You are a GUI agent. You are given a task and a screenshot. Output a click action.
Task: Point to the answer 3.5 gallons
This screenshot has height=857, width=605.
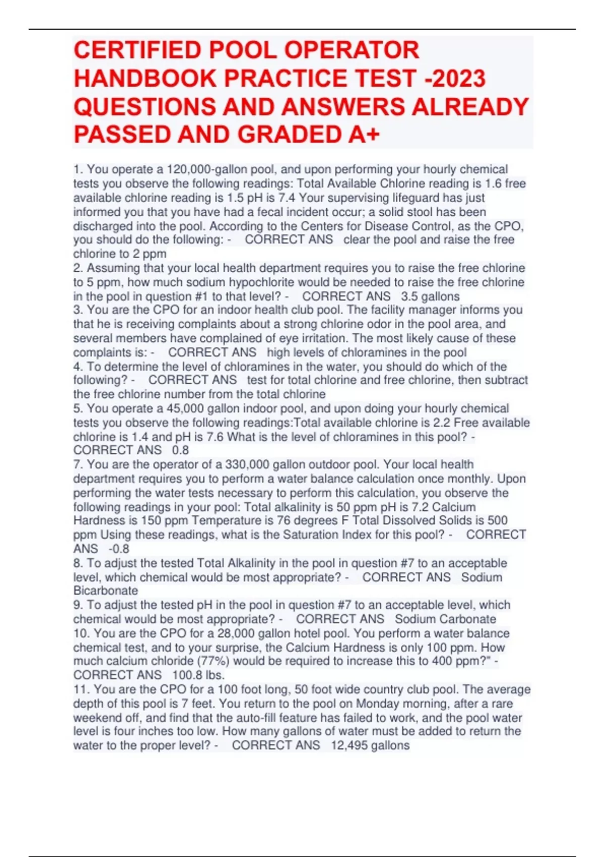click(x=430, y=296)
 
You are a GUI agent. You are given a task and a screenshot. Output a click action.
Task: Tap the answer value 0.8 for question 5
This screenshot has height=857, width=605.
click(x=180, y=450)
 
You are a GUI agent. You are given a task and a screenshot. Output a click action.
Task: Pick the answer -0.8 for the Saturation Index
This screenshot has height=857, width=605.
click(x=118, y=548)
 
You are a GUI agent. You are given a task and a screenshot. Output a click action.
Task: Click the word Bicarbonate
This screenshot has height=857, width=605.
click(x=105, y=590)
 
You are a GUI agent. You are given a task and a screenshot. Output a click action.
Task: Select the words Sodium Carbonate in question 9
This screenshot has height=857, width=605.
click(x=445, y=619)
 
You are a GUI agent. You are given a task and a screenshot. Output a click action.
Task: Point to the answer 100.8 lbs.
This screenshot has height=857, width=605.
click(x=198, y=675)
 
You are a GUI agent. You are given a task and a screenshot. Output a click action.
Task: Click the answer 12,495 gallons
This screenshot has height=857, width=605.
click(x=370, y=745)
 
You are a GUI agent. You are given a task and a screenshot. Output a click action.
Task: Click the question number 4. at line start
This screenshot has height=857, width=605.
click(x=78, y=366)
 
